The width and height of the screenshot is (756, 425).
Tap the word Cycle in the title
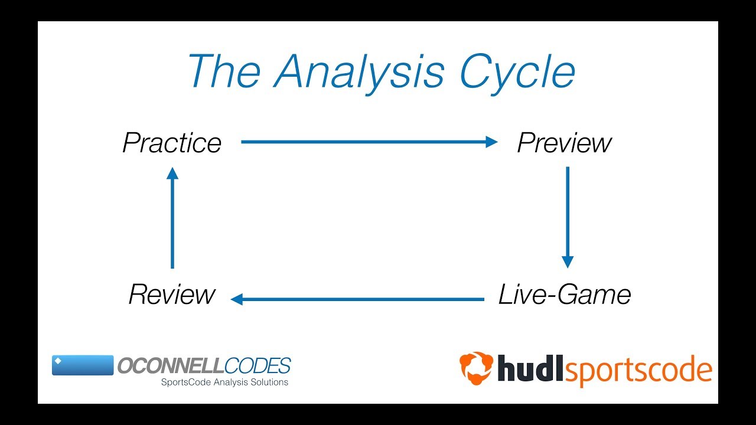pos(517,72)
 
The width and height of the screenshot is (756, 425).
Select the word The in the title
pos(224,72)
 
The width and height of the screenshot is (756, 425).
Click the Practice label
pos(172,143)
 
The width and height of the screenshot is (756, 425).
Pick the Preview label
pos(564,143)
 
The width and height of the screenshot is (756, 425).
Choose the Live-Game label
pos(565,295)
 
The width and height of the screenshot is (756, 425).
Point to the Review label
pos(172,295)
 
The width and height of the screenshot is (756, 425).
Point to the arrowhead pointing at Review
pos(237,299)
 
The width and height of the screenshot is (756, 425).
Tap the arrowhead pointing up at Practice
pos(172,173)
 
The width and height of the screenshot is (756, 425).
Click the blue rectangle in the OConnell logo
pos(83,365)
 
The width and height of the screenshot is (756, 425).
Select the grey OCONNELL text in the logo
pos(171,366)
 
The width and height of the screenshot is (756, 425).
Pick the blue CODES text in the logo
pos(258,366)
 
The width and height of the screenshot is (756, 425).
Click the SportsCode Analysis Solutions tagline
pos(225,382)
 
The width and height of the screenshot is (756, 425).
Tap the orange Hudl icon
pos(476,368)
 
